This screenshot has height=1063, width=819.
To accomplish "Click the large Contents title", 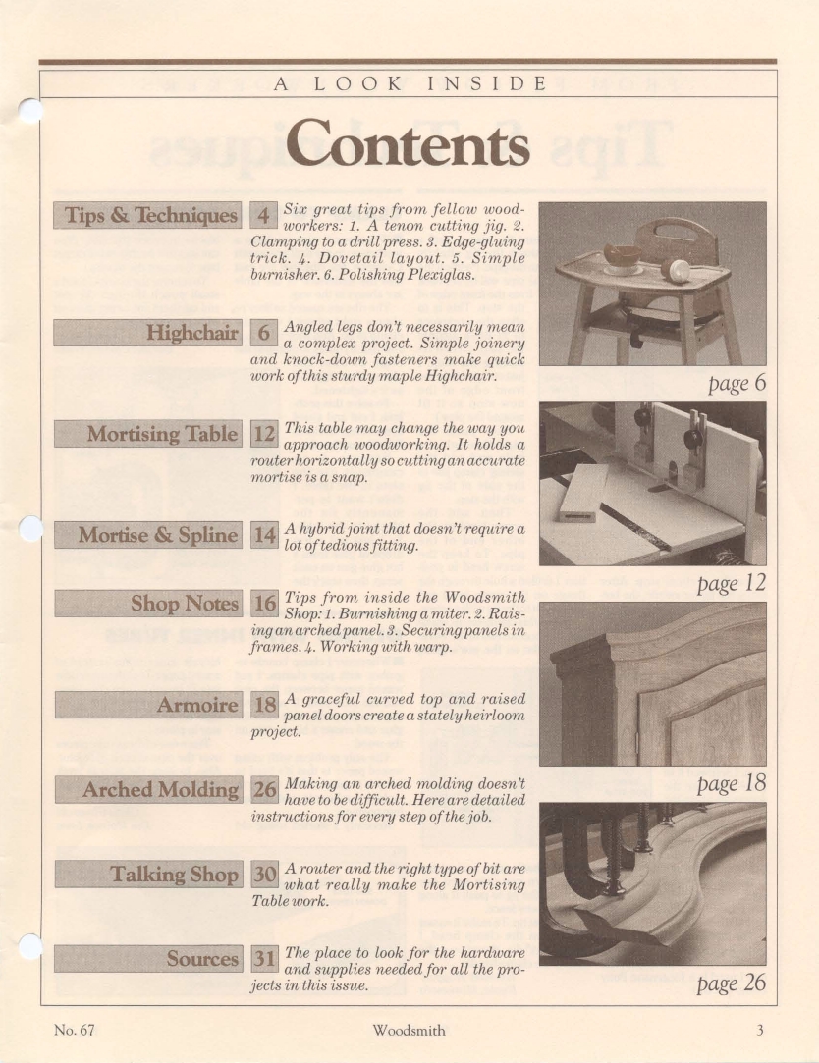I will (409, 143).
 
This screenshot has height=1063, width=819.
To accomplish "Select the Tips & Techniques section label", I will (150, 215).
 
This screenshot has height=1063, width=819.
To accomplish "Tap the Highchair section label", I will (150, 332).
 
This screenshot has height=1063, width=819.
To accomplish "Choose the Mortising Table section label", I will (150, 433).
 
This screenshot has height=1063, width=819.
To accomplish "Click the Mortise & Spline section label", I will (150, 535).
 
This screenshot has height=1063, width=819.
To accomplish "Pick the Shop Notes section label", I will (150, 603).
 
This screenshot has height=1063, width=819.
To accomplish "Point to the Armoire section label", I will (150, 705).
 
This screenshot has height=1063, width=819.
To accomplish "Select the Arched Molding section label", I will (150, 789).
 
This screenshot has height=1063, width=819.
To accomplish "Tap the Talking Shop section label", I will (150, 874).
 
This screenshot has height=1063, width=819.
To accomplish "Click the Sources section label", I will (150, 958).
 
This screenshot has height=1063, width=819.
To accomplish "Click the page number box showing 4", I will (264, 215).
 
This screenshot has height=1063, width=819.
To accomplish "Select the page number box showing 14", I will (264, 535).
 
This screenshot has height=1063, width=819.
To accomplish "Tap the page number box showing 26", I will (264, 789).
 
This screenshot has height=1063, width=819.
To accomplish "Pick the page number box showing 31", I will (264, 958).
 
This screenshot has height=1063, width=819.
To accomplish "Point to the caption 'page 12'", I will (732, 583).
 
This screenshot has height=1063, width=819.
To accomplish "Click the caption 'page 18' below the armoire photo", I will (732, 783).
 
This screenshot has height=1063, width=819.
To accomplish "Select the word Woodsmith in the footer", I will (409, 1030).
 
